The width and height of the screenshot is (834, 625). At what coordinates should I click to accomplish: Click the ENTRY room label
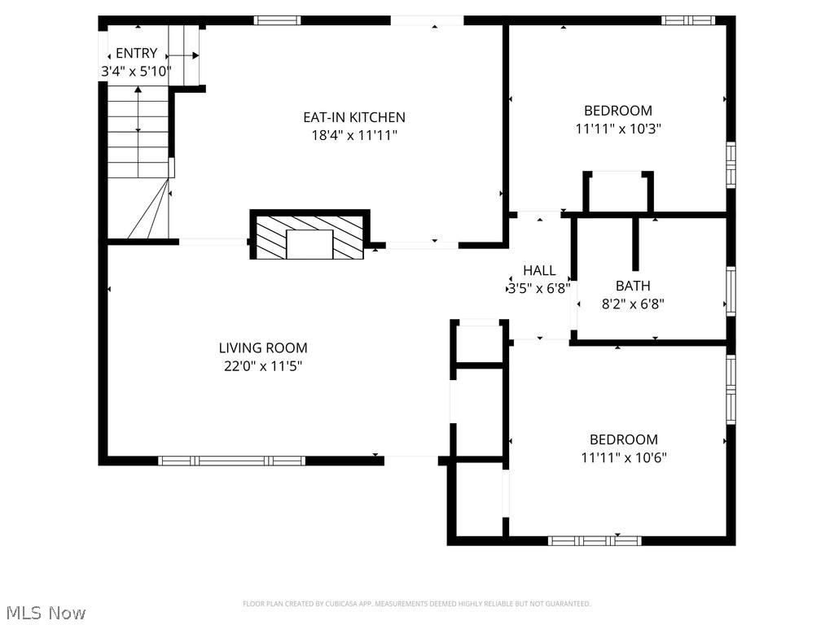click(x=136, y=54)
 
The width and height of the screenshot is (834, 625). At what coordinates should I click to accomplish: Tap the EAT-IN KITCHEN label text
click(x=353, y=117)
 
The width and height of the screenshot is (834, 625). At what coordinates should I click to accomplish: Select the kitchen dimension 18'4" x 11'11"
click(x=353, y=136)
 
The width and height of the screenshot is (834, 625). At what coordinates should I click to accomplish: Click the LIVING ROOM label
click(x=263, y=348)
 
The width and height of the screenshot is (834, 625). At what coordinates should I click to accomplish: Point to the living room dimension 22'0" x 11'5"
click(x=263, y=366)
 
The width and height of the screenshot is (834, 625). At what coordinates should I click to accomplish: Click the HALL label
click(x=539, y=270)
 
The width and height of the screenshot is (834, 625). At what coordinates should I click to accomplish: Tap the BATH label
click(x=633, y=286)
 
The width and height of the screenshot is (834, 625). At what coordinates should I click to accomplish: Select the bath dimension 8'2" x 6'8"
click(x=633, y=304)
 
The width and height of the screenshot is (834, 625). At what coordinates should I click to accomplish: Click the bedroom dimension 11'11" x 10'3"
click(x=617, y=129)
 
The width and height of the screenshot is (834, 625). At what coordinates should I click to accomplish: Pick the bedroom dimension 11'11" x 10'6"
click(x=623, y=457)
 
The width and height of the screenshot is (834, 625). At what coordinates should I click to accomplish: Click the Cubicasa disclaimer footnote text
click(x=416, y=604)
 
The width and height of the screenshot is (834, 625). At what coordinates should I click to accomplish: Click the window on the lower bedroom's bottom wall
click(x=594, y=540)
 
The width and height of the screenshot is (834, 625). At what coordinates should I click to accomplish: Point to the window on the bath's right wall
click(x=731, y=291)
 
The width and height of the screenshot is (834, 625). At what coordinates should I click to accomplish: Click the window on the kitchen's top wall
click(x=277, y=20)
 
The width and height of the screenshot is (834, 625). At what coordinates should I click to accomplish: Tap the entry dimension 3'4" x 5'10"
click(x=136, y=72)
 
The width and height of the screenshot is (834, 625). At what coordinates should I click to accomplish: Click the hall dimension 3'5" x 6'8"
click(x=539, y=287)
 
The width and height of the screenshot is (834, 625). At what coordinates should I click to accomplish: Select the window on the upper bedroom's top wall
click(x=688, y=20)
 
